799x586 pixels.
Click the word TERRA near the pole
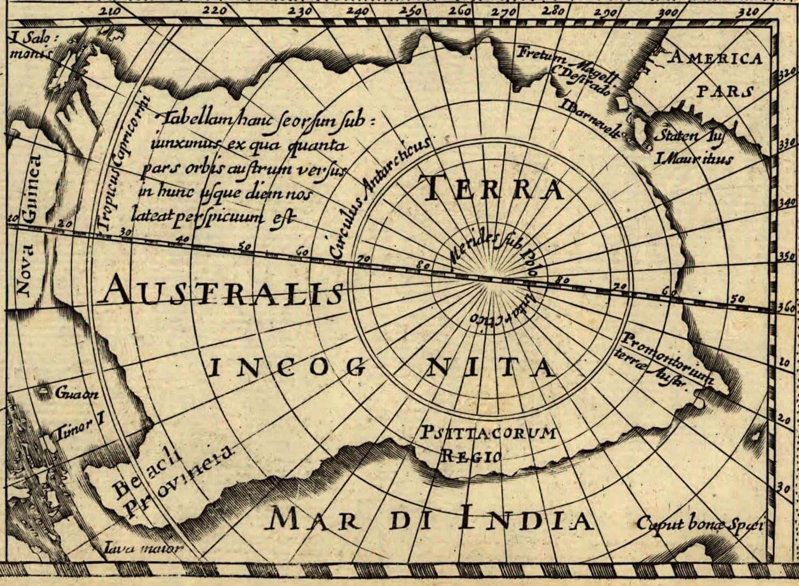pyautogui.click(x=492, y=187)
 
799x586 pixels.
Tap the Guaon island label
pyautogui.click(x=76, y=394)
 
